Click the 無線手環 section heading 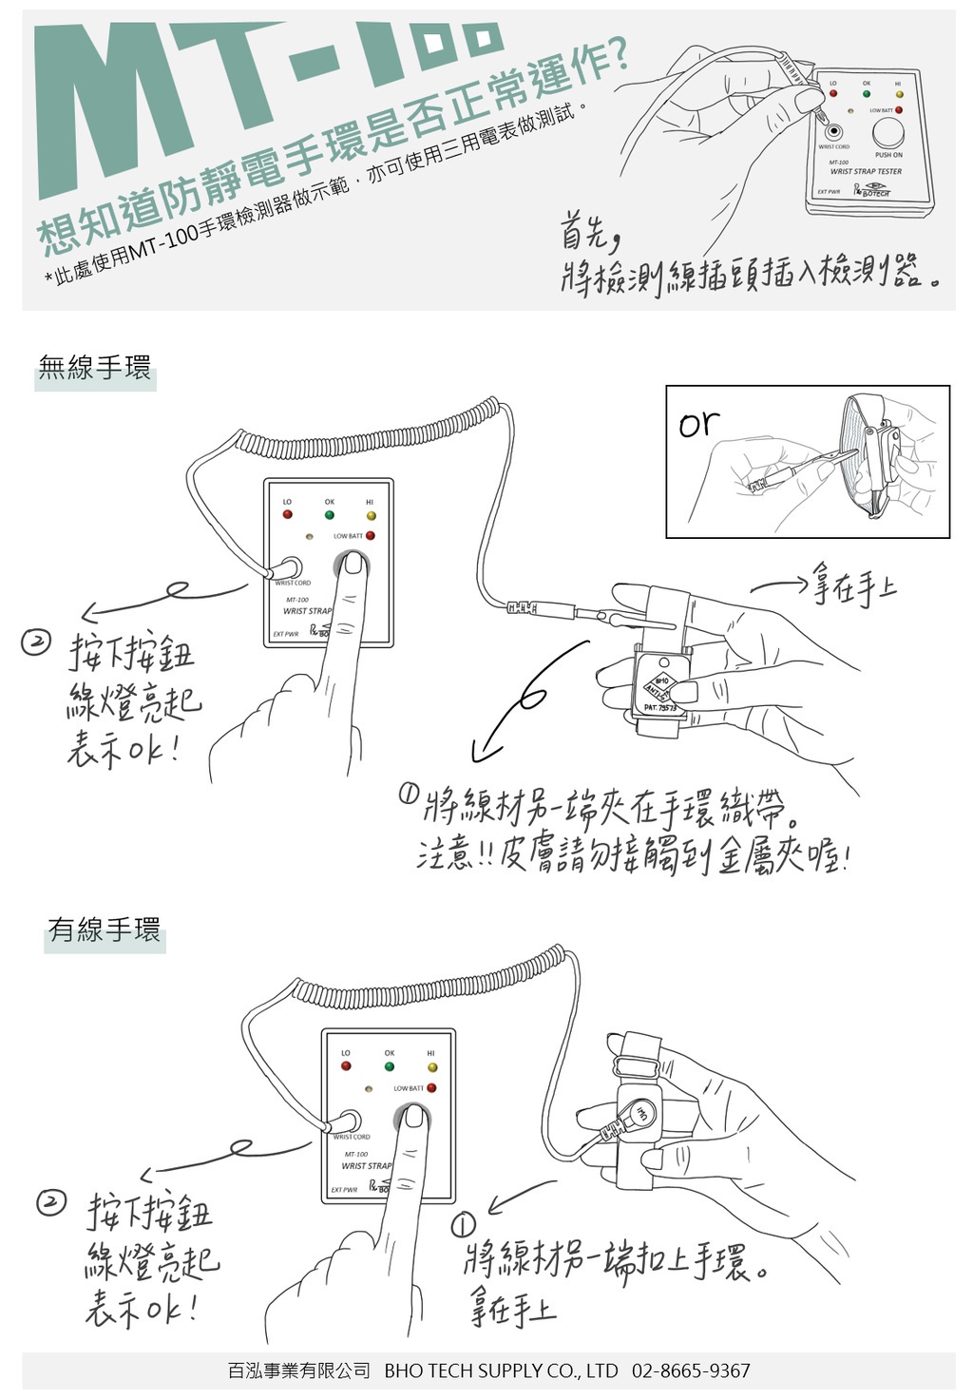[x=95, y=369]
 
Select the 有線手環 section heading [x=105, y=929]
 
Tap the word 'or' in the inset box [x=699, y=424]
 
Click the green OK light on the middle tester [x=330, y=515]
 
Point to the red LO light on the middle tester [x=287, y=515]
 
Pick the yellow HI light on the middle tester [x=371, y=515]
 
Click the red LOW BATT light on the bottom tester [x=431, y=1088]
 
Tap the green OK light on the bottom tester [x=390, y=1066]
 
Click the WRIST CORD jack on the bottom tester [x=349, y=1121]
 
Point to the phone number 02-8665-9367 [x=691, y=1370]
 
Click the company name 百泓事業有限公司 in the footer [x=298, y=1370]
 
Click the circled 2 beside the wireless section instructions [x=35, y=643]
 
